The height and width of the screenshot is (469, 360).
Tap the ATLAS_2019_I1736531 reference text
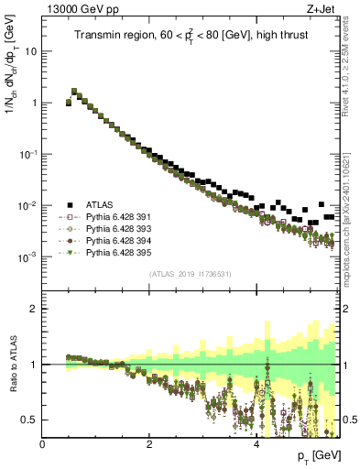[191, 274]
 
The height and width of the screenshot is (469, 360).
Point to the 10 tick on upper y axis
[31, 51]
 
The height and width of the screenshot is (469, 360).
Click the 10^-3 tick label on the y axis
[28, 257]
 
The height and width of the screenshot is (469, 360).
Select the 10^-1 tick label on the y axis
[28, 155]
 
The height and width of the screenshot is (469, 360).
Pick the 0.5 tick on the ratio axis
[30, 420]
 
